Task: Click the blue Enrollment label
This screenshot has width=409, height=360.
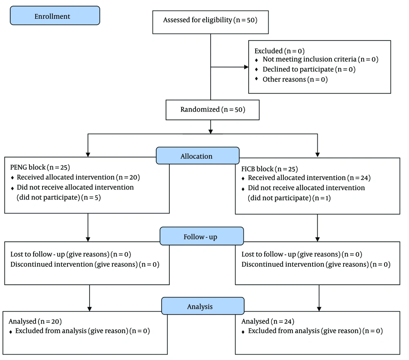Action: click(55, 16)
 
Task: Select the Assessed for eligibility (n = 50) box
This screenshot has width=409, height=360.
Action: click(211, 22)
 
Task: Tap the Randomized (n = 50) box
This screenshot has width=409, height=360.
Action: click(213, 110)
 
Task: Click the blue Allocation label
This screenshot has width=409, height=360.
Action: click(198, 156)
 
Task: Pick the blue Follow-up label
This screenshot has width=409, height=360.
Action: click(202, 236)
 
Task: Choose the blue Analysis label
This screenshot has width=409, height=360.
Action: click(203, 306)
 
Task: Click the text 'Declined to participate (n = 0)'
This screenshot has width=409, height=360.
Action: click(309, 70)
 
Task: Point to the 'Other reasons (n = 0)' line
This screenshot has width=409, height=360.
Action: click(295, 79)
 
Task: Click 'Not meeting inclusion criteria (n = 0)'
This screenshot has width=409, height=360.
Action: click(320, 59)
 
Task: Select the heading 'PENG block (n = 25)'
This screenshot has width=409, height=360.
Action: click(40, 167)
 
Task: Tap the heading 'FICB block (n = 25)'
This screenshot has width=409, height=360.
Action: click(270, 169)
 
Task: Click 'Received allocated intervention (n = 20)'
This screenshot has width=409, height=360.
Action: click(78, 178)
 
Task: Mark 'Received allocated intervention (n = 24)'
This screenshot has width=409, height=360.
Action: click(309, 178)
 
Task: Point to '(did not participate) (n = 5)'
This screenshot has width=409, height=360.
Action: click(58, 198)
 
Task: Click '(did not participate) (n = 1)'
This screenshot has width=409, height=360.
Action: click(289, 198)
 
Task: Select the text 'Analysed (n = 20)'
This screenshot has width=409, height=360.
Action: click(35, 322)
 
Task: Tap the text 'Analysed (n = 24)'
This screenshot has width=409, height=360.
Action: click(268, 322)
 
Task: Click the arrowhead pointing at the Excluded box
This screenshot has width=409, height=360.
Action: click(246, 67)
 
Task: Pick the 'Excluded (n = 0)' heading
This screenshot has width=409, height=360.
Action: click(280, 51)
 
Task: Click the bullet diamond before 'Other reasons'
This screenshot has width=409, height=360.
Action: click(256, 79)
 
